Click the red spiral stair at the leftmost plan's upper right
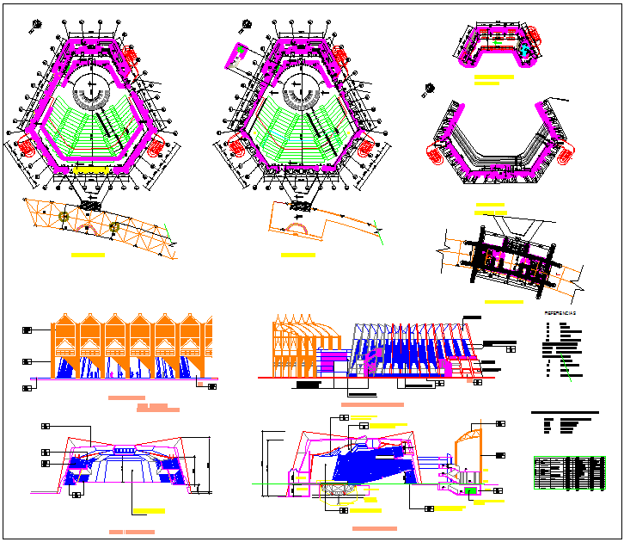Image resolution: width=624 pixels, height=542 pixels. point(130,56)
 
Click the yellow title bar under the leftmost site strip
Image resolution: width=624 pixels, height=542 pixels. point(88,256)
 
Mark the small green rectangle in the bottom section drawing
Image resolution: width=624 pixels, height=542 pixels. point(470,490)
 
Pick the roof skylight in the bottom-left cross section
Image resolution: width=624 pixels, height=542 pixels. point(125,450)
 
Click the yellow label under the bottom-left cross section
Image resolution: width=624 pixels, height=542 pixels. point(148,511)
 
